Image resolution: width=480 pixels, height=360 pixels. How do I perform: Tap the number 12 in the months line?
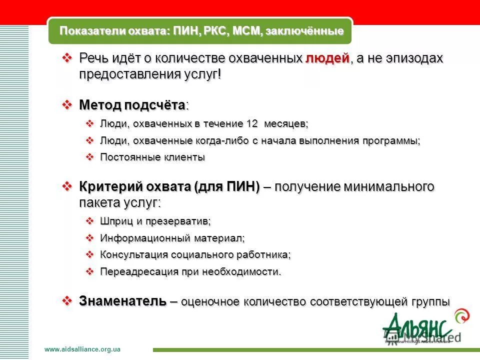[252, 123]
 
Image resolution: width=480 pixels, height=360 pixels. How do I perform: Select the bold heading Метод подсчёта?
[132, 105]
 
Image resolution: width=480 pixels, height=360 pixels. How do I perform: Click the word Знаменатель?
[122, 301]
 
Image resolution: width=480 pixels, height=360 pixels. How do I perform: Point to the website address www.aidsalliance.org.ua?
[82, 349]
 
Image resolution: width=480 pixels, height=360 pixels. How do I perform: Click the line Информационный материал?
[172, 238]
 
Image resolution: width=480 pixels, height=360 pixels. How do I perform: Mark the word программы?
[393, 140]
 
